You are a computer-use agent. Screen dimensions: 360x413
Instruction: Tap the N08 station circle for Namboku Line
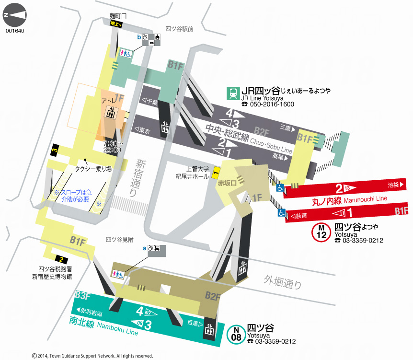[236, 334]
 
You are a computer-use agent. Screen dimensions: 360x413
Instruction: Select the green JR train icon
[233, 93]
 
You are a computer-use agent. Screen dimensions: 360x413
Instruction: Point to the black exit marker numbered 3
[55, 150]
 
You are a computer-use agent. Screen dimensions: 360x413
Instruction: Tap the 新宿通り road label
[139, 177]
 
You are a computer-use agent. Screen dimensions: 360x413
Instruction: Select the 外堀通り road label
[283, 282]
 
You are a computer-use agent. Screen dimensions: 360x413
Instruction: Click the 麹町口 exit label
[117, 16]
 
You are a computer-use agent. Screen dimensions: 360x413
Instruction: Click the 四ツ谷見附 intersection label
[119, 238]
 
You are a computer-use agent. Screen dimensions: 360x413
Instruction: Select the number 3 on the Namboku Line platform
[148, 325]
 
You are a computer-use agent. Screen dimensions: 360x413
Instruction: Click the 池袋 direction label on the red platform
[395, 185]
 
